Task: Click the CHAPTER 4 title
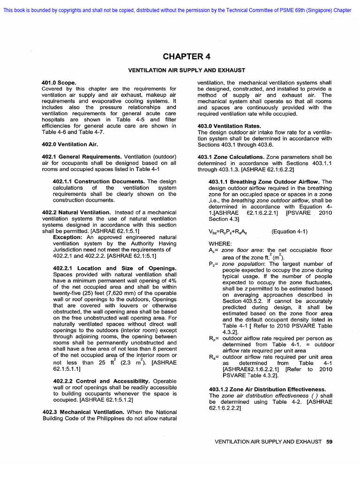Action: (187, 57)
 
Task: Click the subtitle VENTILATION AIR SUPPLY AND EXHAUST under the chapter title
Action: (187, 70)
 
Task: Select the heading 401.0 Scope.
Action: (59, 82)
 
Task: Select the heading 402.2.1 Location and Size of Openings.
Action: (115, 268)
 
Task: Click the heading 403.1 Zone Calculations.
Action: (231, 157)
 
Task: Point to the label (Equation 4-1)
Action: (290, 232)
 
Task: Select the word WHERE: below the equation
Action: (220, 244)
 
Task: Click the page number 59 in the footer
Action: (329, 442)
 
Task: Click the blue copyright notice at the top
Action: (177, 10)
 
